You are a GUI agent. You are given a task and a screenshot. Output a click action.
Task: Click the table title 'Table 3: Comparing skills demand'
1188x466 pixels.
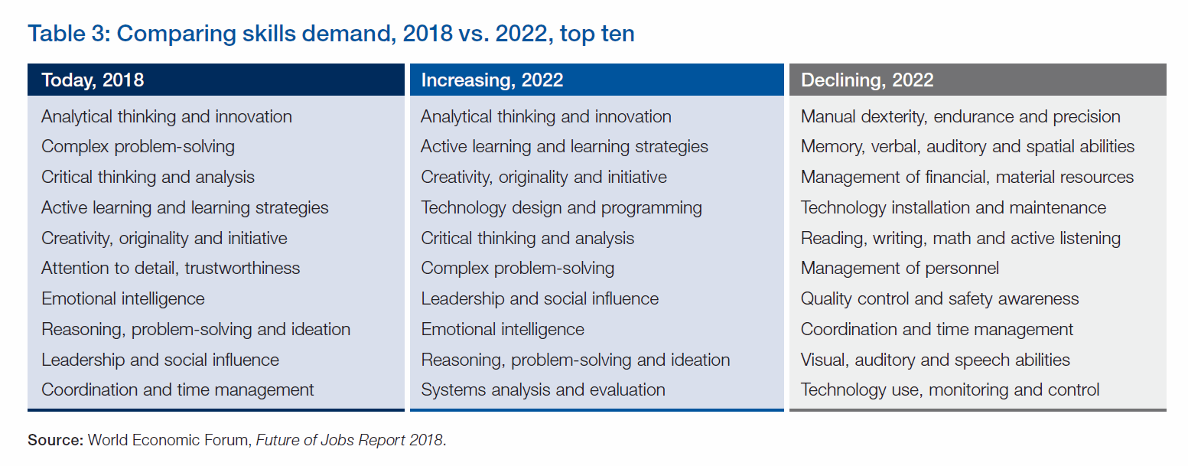pos(330,34)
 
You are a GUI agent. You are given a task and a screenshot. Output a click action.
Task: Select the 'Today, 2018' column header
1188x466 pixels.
pos(93,80)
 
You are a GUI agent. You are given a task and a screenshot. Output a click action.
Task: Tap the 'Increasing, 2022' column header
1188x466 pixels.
pos(492,80)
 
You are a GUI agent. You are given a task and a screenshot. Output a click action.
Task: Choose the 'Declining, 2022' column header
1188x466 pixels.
pos(867,80)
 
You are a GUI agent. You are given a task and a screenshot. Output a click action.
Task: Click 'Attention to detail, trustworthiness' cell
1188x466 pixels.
pos(171,268)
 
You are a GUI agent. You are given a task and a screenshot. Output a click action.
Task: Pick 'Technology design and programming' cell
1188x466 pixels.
pos(561,207)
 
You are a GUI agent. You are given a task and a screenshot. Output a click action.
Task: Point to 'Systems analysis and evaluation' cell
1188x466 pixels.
pos(542,389)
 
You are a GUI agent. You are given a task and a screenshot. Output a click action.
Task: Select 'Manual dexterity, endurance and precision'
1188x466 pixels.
pos(960,116)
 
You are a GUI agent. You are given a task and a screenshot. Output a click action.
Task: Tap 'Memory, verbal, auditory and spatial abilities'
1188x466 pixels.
pos(967,146)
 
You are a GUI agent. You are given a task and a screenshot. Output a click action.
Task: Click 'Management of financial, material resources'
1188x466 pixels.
pos(967,177)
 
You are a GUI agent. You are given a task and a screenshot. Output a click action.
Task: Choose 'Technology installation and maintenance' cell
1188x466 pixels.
pos(953,207)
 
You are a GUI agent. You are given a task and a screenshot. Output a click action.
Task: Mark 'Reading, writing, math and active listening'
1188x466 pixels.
pos(960,238)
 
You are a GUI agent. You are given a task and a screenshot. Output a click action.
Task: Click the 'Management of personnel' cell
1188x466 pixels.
pos(900,268)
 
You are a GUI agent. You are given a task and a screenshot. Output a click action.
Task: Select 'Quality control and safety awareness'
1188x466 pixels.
pos(939,298)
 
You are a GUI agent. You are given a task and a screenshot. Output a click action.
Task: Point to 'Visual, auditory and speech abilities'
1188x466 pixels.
pos(935,360)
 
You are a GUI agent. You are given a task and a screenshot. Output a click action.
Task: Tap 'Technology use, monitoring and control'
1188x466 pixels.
pos(949,389)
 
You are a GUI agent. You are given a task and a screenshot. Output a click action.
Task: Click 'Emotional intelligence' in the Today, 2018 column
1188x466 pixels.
pos(123,298)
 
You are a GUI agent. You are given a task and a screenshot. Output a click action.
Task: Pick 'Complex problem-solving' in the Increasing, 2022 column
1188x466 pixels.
pos(517,268)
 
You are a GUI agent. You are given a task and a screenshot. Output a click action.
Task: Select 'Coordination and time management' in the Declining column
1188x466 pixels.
pos(936,329)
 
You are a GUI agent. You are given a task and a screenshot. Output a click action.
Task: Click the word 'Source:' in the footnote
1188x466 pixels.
pos(56,441)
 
